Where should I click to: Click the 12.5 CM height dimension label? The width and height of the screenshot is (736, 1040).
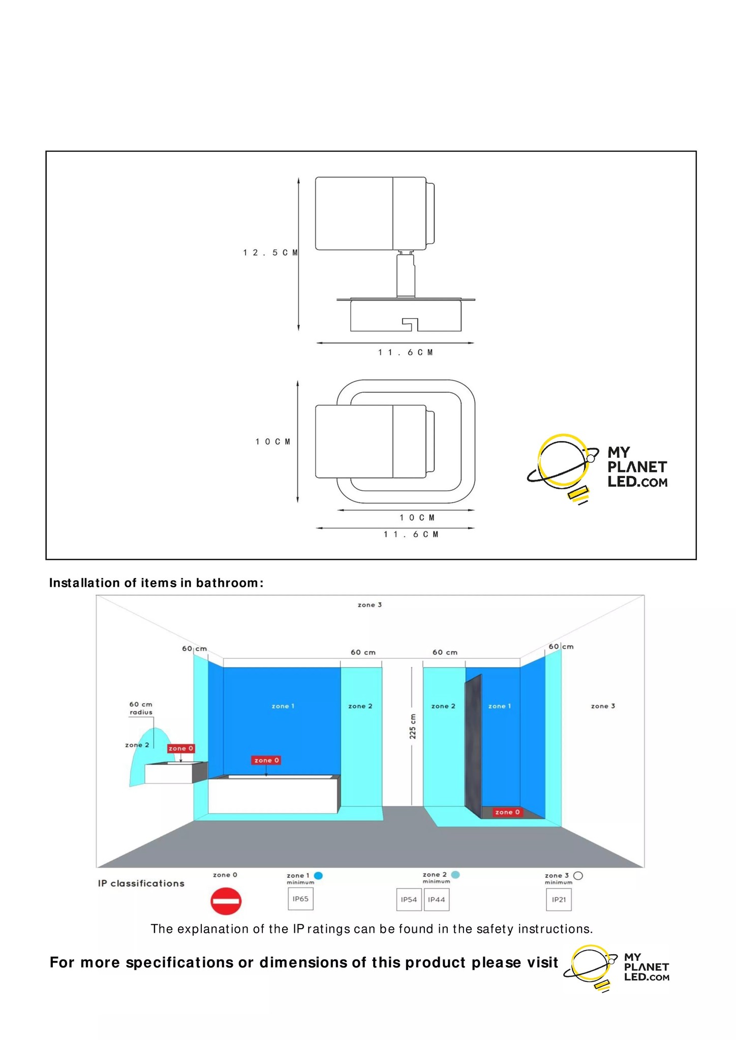click(x=270, y=253)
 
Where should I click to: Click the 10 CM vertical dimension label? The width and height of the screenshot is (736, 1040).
click(x=273, y=442)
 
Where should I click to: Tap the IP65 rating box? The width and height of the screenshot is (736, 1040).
click(x=300, y=899)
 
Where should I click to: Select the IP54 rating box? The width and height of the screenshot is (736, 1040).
click(x=409, y=900)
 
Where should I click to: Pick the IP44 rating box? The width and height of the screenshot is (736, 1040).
click(x=437, y=900)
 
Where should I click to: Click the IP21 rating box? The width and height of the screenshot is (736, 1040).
click(x=559, y=900)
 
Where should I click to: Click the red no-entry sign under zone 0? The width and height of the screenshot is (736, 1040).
click(x=226, y=901)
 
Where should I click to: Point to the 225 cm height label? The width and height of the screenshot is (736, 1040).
click(x=413, y=727)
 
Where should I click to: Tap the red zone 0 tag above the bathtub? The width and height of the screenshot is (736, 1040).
click(x=266, y=760)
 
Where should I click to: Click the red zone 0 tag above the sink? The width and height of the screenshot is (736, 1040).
click(x=181, y=748)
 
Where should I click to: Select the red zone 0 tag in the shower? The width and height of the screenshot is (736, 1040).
click(x=507, y=812)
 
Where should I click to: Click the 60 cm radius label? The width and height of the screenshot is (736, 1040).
click(x=141, y=708)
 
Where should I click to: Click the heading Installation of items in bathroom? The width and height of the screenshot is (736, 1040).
click(x=157, y=583)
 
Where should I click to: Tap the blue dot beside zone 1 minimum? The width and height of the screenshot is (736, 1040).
click(x=319, y=875)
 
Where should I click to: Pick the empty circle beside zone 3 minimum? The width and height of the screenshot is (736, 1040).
click(x=578, y=875)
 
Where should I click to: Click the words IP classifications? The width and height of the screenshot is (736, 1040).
click(x=141, y=884)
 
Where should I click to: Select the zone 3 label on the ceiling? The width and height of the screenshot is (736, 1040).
click(x=370, y=605)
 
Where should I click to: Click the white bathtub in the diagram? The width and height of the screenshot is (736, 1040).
click(x=273, y=795)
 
